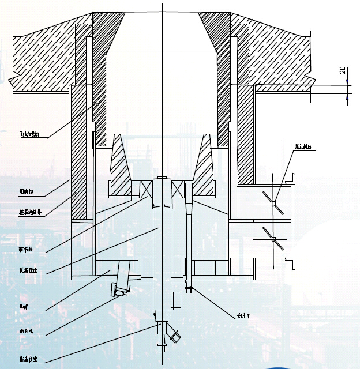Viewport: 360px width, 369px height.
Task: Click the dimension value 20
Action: [342, 71]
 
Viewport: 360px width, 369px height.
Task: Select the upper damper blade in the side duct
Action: [273, 202]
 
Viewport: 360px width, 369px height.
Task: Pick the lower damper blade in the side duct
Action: [273, 239]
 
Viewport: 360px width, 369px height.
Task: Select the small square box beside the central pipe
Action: [178, 300]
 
